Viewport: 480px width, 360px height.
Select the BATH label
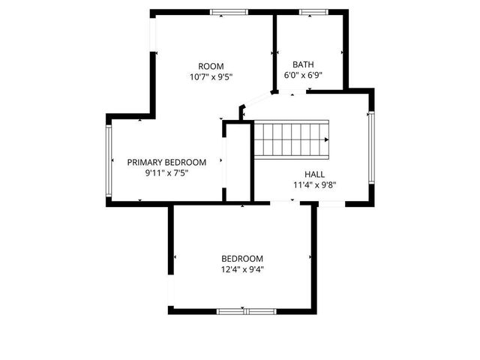pyautogui.click(x=303, y=64)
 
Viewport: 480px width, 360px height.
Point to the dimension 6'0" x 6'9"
pyautogui.click(x=303, y=75)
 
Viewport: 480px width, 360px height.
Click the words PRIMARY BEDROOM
pyautogui.click(x=166, y=162)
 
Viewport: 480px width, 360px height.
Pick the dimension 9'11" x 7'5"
pyautogui.click(x=166, y=172)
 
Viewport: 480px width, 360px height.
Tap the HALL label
pyautogui.click(x=314, y=174)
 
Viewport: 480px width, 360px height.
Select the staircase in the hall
pyautogui.click(x=292, y=139)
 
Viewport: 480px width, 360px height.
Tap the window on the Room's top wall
pyautogui.click(x=229, y=12)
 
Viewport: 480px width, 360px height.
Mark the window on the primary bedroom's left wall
pyautogui.click(x=109, y=160)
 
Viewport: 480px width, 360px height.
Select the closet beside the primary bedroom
pyautogui.click(x=237, y=161)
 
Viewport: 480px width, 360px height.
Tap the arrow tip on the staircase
pyautogui.click(x=328, y=139)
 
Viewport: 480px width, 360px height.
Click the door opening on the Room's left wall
pyautogui.click(x=152, y=34)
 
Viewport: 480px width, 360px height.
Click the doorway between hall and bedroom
pyautogui.click(x=283, y=202)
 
